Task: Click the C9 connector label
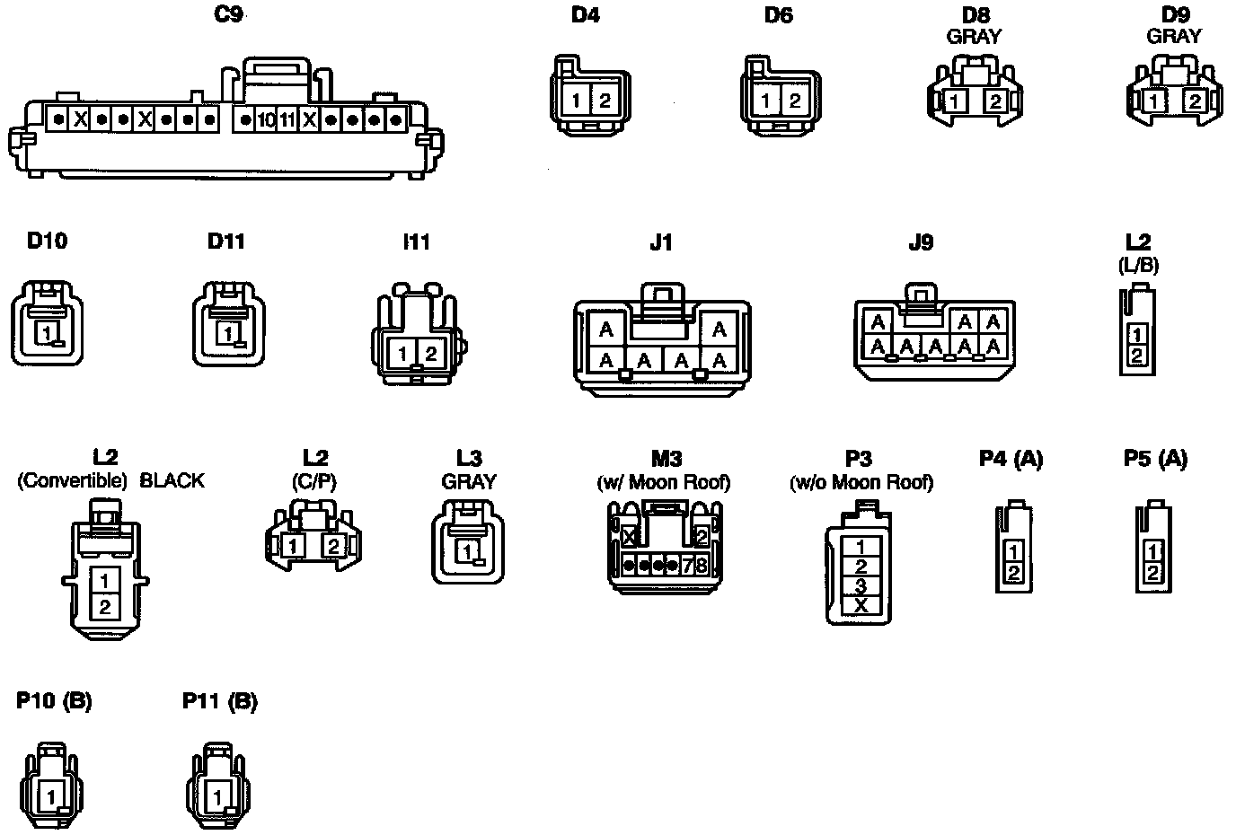coord(229,14)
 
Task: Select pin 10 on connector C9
coord(267,119)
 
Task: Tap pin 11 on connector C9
coord(287,119)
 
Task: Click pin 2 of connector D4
coord(605,101)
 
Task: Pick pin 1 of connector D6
coord(764,101)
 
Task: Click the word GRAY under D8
coord(974,37)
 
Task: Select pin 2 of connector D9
coord(1195,101)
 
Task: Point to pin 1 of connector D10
coord(43,333)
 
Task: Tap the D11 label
coord(225,241)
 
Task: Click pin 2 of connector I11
coord(431,354)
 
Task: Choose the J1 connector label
coord(660,242)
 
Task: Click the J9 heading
coord(921,242)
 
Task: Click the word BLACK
coord(172,480)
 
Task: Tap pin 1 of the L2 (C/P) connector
coord(292,544)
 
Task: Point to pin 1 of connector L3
coord(467,549)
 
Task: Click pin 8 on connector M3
coord(702,565)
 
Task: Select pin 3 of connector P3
coord(861,585)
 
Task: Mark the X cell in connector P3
coord(861,605)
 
